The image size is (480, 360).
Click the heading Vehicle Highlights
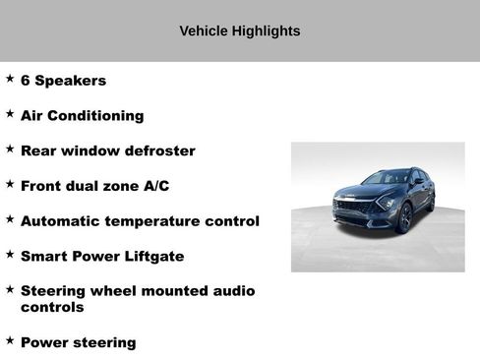(x=240, y=30)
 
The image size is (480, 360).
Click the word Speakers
(x=70, y=81)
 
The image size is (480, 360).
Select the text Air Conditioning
(x=82, y=116)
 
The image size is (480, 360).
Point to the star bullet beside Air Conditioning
(x=10, y=114)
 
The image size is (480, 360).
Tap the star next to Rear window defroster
(x=10, y=150)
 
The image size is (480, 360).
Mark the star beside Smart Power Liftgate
(x=10, y=255)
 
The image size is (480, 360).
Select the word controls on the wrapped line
(x=52, y=307)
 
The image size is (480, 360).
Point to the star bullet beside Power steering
(x=10, y=340)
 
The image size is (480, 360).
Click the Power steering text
(x=79, y=343)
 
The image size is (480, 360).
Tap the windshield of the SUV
(x=388, y=179)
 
